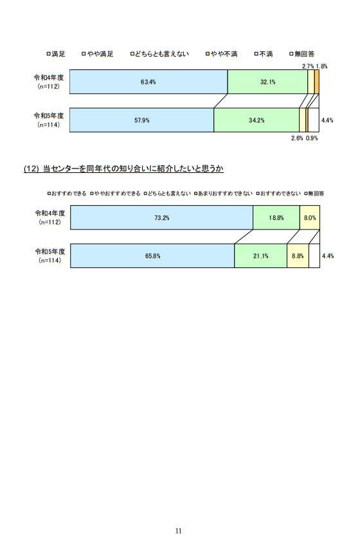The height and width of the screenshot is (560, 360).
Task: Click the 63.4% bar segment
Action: [x=148, y=82]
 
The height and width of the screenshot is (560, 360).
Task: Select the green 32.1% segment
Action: [x=267, y=82]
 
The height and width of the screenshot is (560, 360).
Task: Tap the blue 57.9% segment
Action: [x=142, y=120]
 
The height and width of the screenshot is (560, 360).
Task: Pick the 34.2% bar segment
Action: [x=256, y=120]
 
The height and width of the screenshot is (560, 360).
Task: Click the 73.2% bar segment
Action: [x=162, y=217]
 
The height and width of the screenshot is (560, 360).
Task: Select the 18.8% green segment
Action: [x=276, y=217]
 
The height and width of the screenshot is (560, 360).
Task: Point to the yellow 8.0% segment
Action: [x=310, y=217]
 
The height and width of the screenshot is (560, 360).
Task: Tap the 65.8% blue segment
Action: [x=152, y=256]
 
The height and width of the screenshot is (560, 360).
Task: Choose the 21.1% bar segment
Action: [x=261, y=256]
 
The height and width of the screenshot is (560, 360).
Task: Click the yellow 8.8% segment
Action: [x=298, y=256]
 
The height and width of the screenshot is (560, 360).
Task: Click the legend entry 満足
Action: [x=56, y=54]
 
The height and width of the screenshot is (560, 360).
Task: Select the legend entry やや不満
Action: [x=221, y=54]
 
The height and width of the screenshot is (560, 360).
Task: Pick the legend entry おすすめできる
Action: [x=67, y=194]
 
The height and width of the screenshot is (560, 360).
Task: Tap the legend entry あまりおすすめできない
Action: [x=223, y=194]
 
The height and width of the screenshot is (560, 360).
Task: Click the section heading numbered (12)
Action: [x=123, y=168]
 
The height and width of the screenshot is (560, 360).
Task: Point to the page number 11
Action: [x=179, y=530]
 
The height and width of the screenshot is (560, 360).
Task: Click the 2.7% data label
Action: [x=308, y=66]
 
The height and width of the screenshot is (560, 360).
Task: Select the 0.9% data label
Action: [x=312, y=138]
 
